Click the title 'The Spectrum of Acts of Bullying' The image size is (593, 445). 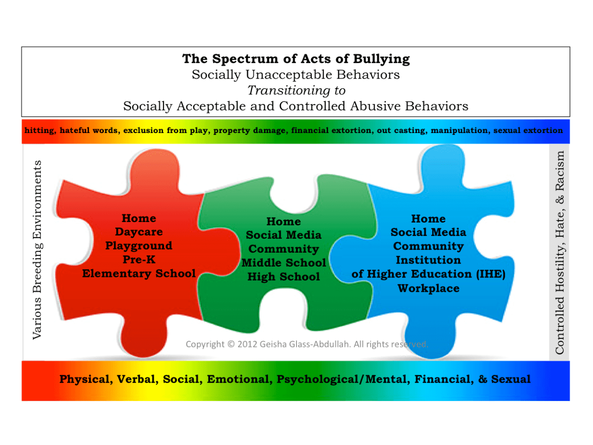tap(296, 59)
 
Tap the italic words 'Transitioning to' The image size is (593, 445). tap(296, 90)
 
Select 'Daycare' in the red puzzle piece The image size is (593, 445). tap(139, 232)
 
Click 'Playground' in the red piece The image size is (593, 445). tap(139, 246)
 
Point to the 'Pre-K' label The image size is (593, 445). tap(139, 260)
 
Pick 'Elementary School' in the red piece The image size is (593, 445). tap(139, 274)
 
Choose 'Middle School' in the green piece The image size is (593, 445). tap(284, 263)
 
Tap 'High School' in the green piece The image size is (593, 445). tap(284, 277)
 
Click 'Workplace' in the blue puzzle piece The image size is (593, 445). tap(428, 289)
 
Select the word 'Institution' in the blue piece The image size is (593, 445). tap(428, 260)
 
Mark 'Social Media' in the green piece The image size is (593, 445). tap(284, 235)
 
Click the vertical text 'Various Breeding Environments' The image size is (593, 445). tap(37, 250)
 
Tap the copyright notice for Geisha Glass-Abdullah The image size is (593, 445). tap(307, 344)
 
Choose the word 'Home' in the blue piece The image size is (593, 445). tap(428, 219)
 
